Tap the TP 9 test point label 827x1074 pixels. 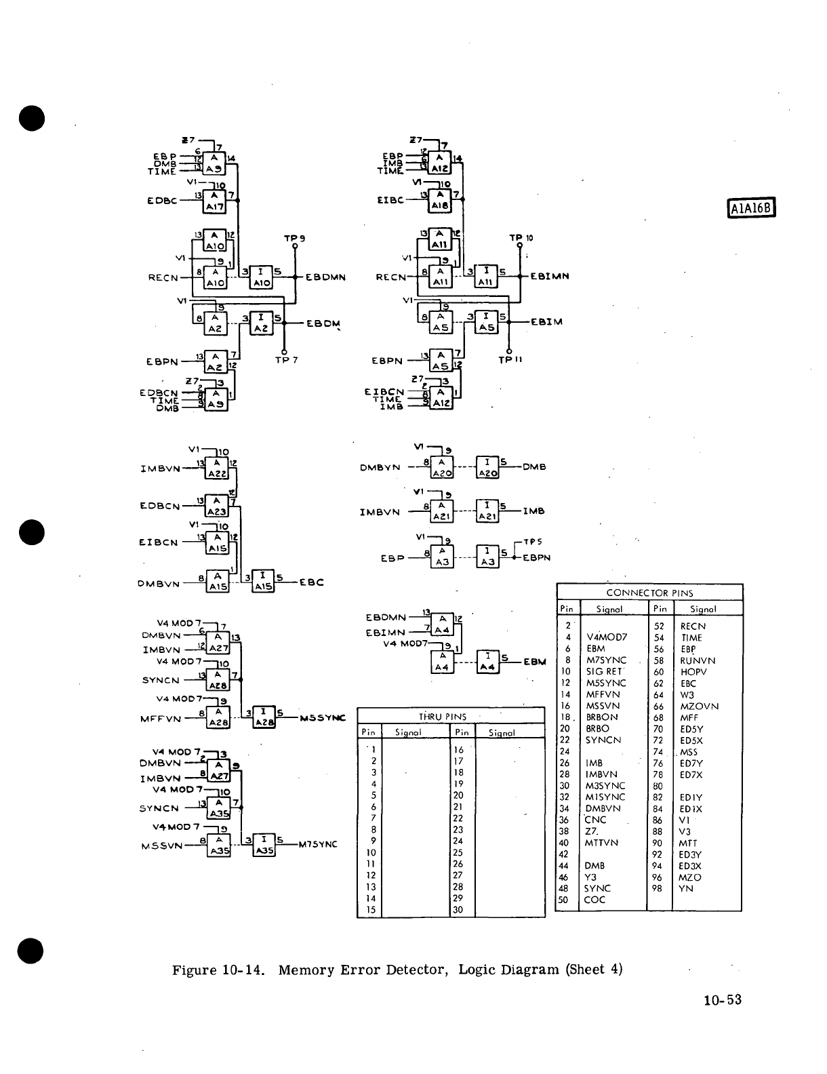tap(295, 238)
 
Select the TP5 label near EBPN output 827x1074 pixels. tap(533, 542)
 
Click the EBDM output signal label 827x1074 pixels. tap(323, 323)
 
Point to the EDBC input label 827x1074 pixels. tap(162, 201)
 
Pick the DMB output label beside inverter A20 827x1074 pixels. tap(534, 467)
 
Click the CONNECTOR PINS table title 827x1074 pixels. tap(649, 593)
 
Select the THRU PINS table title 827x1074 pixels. tap(442, 716)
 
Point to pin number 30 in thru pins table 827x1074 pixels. tap(458, 910)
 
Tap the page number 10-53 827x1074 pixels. tap(723, 999)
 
